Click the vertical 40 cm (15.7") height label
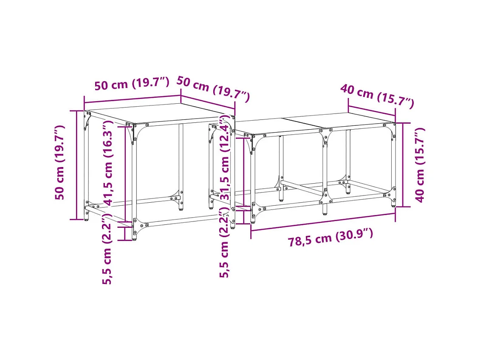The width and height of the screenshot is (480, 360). pos(420,165)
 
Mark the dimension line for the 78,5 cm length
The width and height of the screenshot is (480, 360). pos(323,222)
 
